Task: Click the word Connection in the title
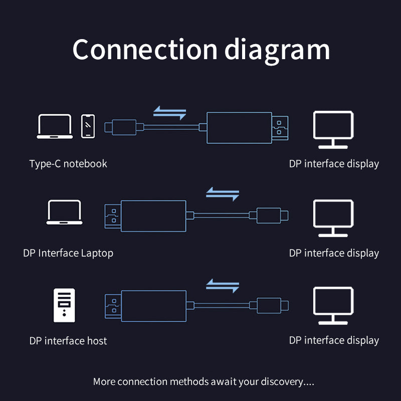[x=145, y=50]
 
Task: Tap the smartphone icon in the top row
[x=88, y=126]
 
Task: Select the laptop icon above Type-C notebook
[x=55, y=126]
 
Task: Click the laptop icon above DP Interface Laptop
[x=64, y=213]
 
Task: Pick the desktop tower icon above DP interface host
[x=64, y=305]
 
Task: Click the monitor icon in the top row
[x=333, y=129]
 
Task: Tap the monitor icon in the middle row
[x=333, y=218]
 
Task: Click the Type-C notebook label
[x=68, y=164]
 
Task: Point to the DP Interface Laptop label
[x=68, y=253]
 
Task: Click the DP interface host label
[x=68, y=341]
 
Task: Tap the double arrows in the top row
[x=169, y=113]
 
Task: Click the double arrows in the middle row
[x=223, y=194]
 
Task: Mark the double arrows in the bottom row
[x=223, y=286]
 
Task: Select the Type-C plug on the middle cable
[x=271, y=216]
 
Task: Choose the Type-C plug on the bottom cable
[x=271, y=305]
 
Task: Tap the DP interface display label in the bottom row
[x=334, y=340]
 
